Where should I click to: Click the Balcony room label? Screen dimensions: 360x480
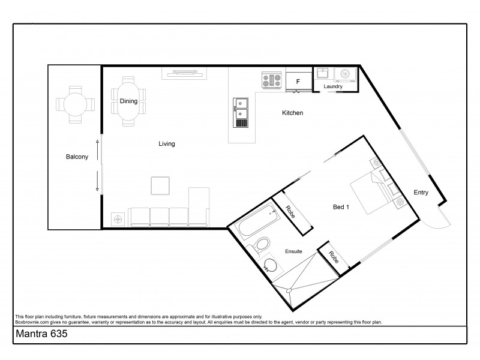point(77,157)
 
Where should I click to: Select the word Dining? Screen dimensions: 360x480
point(128,101)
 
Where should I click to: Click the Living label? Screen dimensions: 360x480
point(166,143)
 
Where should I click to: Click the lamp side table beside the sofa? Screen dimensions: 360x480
point(119,219)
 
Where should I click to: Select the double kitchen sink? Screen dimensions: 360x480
point(241,108)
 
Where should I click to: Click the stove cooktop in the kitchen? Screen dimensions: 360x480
point(272,80)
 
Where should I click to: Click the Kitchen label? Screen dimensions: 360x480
point(293,113)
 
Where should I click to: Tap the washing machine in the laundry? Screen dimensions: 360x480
point(346,74)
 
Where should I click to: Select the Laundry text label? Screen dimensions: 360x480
point(333,87)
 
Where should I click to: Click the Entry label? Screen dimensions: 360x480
point(421,192)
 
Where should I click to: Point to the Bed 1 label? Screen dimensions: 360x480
point(341,207)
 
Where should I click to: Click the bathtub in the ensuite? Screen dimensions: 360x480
point(254,223)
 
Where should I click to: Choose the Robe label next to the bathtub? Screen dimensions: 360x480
point(290,212)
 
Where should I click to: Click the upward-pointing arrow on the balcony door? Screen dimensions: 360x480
point(97,145)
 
